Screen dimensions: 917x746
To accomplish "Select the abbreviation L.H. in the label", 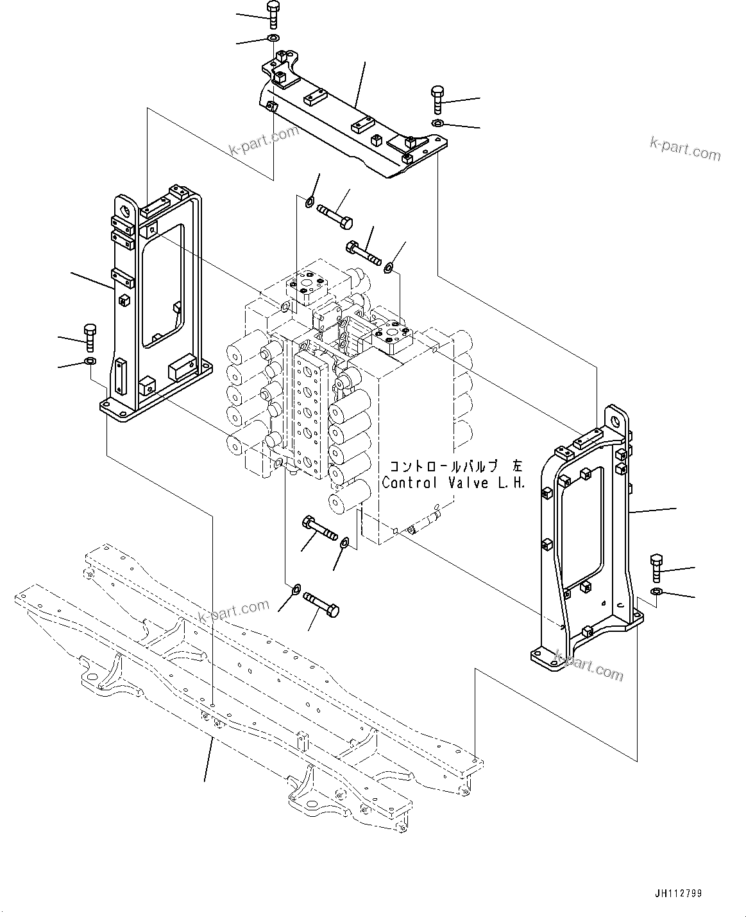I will point(513,483).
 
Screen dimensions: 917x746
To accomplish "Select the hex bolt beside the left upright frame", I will point(89,338).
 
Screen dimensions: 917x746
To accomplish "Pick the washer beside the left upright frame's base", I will point(89,362).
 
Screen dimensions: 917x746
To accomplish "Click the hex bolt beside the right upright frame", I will point(656,566).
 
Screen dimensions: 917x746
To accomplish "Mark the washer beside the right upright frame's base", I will point(656,591).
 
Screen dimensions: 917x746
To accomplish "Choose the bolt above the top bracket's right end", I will point(437,99).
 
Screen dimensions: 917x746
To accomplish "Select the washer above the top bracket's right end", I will point(437,123).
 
